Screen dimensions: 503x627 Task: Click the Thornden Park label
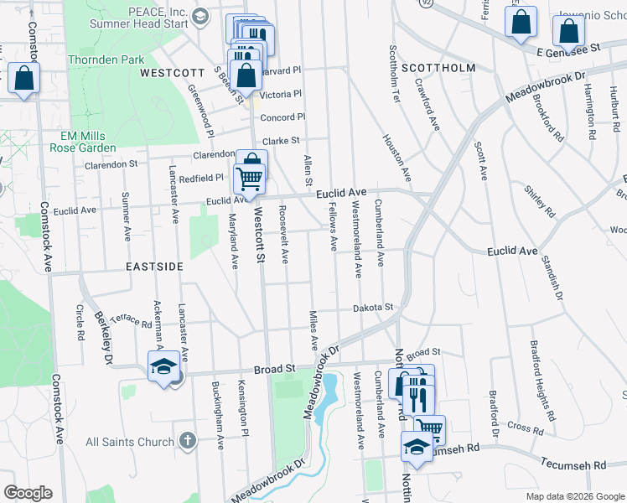(106, 60)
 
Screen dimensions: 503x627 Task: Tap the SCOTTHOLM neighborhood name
(438, 67)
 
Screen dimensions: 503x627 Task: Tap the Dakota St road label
(372, 308)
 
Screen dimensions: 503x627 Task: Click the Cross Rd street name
(525, 428)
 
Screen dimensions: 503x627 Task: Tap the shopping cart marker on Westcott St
(249, 178)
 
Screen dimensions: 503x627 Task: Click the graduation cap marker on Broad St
(163, 366)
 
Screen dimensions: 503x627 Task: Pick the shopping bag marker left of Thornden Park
(24, 80)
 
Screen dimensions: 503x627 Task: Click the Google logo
(28, 493)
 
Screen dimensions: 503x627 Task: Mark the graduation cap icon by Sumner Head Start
(200, 16)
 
